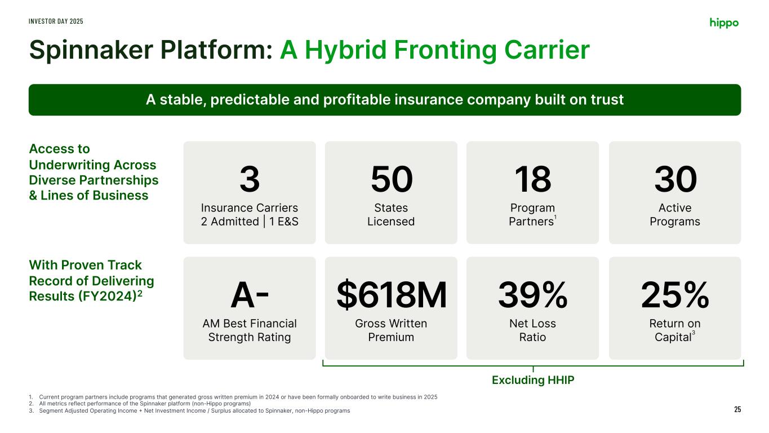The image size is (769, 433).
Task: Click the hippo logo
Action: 724,23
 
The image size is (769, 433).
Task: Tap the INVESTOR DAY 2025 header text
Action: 56,21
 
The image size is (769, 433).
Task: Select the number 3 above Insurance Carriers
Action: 250,179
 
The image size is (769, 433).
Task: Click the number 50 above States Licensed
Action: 392,179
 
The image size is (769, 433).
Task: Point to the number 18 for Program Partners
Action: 533,179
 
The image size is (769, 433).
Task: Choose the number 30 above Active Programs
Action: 675,179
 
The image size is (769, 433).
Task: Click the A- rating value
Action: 250,295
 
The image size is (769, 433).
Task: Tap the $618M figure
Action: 392,295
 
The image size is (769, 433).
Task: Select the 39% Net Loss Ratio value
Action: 533,295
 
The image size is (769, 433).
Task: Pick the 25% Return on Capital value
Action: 675,295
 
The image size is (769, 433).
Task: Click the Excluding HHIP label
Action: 533,380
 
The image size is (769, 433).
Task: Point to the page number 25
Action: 737,409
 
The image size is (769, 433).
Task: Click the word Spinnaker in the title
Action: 91,51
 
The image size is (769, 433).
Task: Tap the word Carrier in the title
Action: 547,50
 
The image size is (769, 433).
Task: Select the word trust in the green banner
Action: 607,100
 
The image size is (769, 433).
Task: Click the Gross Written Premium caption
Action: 391,330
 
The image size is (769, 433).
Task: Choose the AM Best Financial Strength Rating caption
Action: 250,330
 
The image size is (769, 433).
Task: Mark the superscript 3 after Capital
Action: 694,333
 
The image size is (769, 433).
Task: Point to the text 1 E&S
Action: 283,222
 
